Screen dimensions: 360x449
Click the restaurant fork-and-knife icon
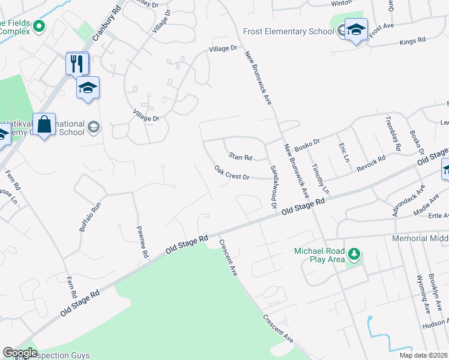point(77,64)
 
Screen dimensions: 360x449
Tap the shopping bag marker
point(44,125)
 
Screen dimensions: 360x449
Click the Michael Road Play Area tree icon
point(354,254)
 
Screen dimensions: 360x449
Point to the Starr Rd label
point(240,156)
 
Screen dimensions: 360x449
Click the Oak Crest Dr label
point(232,173)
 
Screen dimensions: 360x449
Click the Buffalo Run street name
point(88,217)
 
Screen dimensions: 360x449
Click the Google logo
point(19,353)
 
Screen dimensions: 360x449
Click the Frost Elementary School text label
point(289,31)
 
